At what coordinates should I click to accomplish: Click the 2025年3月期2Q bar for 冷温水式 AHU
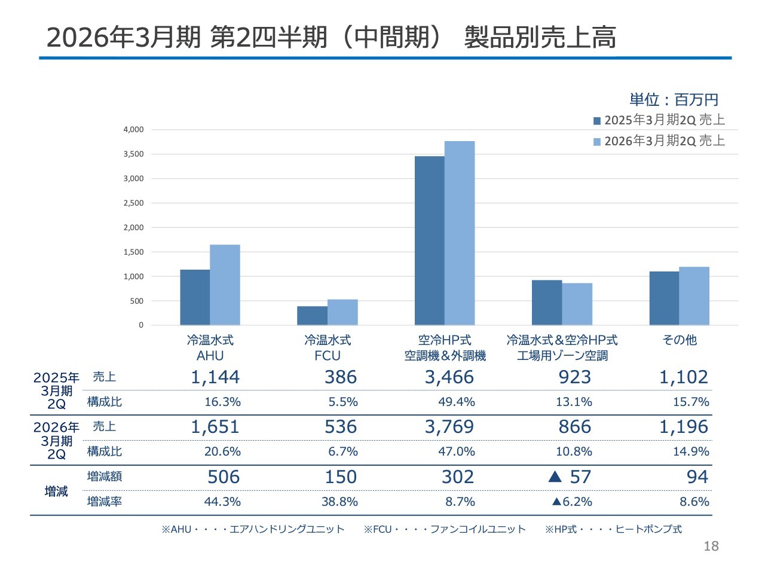pos(195,297)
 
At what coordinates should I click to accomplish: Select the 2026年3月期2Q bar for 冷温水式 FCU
pos(342,312)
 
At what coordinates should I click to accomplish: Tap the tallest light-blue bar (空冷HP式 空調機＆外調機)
pos(460,233)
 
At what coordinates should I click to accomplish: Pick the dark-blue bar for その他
pos(664,298)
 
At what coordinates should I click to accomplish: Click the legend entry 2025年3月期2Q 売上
pos(659,120)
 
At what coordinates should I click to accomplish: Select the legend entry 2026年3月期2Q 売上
pos(659,141)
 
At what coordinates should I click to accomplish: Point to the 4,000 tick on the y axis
pos(133,130)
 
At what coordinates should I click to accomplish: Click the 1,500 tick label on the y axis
pos(133,252)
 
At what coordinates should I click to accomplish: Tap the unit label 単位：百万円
pos(674,99)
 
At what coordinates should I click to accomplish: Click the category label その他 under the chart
pos(680,340)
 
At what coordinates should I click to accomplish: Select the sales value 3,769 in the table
pos(449,427)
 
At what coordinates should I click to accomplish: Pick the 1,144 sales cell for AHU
pos(215,377)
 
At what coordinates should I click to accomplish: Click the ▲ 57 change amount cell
pos(570,477)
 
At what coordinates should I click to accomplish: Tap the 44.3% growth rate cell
pos(222,502)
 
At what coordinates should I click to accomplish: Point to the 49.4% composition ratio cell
pos(457,402)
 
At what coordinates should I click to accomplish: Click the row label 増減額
pos(105,477)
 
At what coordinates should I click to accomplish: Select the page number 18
pos(711,546)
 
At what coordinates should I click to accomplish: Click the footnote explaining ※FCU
pos(445,529)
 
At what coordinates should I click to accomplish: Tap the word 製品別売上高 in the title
pos(540,37)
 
